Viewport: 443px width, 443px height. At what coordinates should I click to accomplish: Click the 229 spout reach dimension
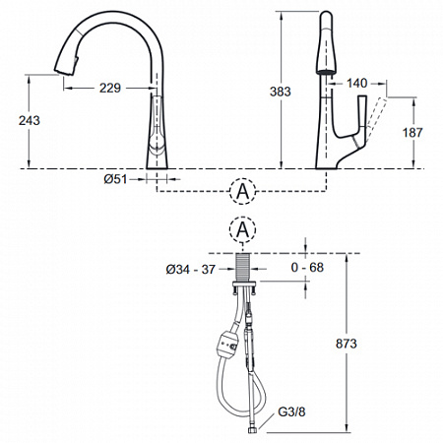(110, 88)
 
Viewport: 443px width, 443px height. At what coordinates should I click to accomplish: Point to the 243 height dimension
(30, 120)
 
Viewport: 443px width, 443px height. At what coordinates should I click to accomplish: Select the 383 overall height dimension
(281, 92)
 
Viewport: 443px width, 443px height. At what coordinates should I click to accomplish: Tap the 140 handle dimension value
(357, 83)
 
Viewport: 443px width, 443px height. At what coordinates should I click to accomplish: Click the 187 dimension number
(412, 133)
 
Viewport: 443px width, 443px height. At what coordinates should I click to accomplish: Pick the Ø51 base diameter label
(115, 179)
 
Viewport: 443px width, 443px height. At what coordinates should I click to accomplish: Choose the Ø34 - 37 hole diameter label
(190, 270)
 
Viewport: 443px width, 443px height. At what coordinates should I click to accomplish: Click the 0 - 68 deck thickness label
(307, 268)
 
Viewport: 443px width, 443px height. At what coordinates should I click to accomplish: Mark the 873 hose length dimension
(347, 344)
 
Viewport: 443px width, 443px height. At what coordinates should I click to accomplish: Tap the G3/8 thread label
(291, 411)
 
